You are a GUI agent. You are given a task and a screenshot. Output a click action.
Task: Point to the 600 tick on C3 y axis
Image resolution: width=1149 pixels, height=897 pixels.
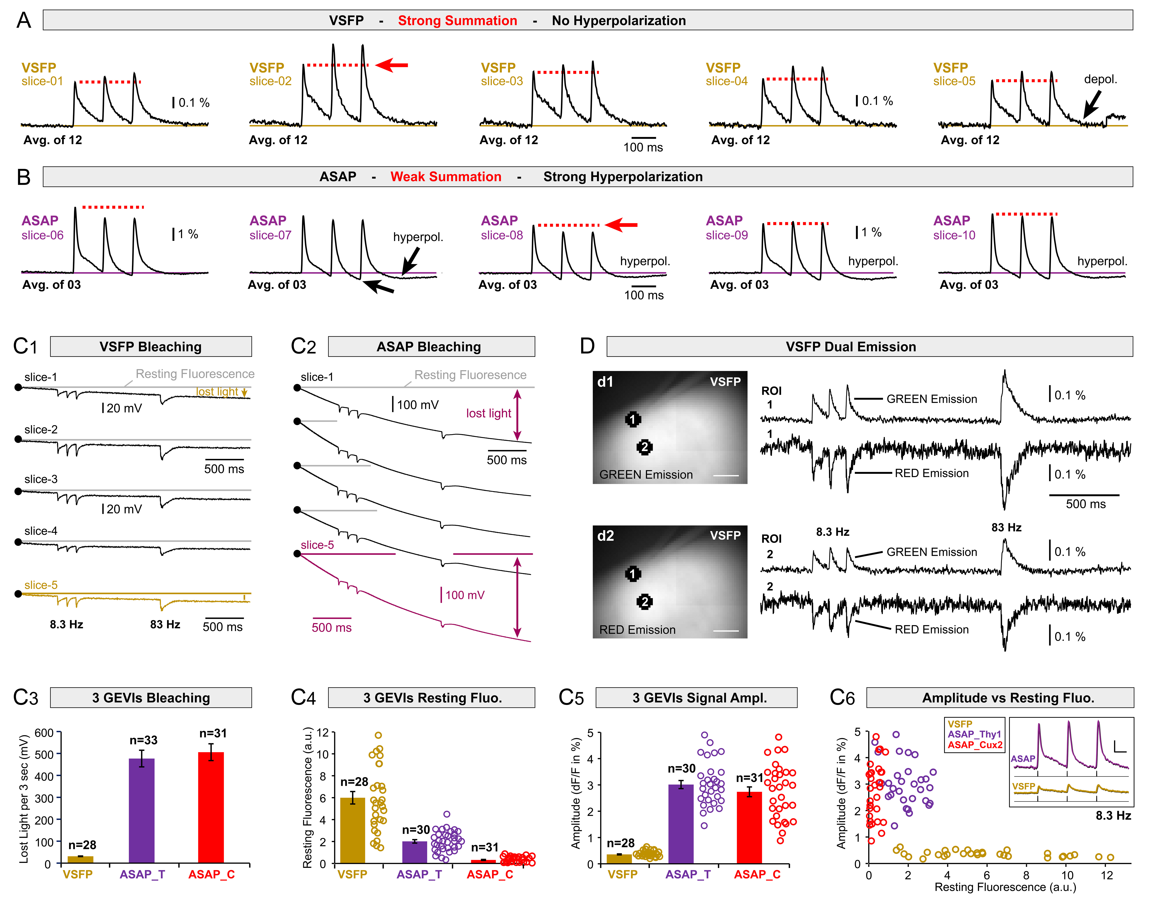point(44,733)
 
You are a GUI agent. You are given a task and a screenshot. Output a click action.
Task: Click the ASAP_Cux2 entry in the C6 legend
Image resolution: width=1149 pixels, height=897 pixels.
point(975,745)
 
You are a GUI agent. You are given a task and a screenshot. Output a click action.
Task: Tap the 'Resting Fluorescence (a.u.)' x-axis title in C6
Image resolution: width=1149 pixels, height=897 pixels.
point(1005,887)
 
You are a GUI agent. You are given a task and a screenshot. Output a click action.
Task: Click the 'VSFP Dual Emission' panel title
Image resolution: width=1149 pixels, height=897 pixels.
point(851,347)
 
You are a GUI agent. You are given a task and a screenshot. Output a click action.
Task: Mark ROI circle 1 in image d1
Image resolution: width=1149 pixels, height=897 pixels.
point(633,419)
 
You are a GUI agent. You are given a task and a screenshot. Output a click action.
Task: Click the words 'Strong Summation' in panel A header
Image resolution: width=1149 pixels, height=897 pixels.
point(457,20)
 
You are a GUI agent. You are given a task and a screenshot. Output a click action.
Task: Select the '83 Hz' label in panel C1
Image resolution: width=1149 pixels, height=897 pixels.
point(165,624)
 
